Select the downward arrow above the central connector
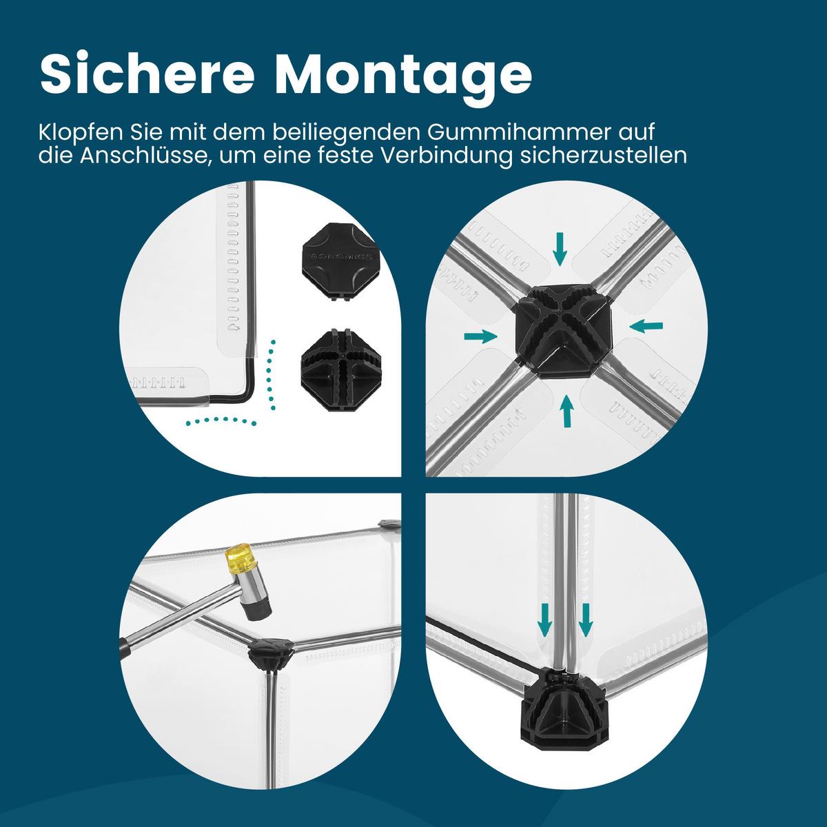pyautogui.click(x=560, y=248)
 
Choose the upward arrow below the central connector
pyautogui.click(x=566, y=412)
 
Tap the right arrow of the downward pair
pyautogui.click(x=585, y=617)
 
